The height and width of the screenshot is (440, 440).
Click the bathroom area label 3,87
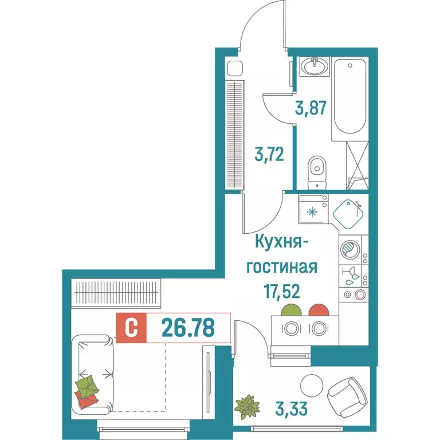tap(312, 107)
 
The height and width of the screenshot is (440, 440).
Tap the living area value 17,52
tap(284, 292)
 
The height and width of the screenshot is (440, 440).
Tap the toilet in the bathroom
tap(316, 171)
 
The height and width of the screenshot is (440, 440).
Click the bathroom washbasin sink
tap(314, 68)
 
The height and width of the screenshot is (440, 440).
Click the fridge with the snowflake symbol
tap(312, 211)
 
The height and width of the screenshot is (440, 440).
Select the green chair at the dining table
tap(291, 311)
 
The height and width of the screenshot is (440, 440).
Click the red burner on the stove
tap(359, 295)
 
